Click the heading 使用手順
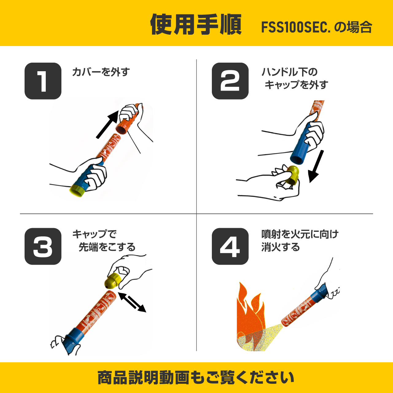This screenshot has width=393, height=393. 196,25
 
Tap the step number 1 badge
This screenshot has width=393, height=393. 43,81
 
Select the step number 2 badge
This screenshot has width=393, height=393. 230,81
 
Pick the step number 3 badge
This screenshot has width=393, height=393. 43,246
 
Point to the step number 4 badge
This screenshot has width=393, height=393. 230,246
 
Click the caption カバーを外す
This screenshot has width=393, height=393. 101,72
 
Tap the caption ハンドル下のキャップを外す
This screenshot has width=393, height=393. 294,78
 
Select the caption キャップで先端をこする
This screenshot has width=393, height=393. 104,240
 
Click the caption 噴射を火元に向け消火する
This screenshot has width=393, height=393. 300,240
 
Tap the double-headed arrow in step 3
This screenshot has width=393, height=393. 132,302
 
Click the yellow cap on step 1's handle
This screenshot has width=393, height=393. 77,190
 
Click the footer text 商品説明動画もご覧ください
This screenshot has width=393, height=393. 196,378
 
